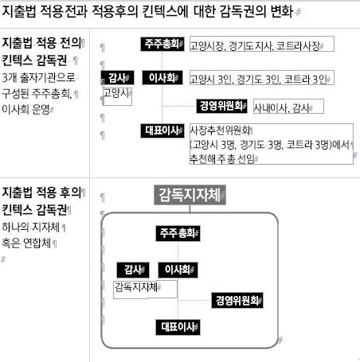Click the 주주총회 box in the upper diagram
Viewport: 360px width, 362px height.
coord(162,44)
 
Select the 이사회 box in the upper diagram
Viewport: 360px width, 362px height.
coord(162,77)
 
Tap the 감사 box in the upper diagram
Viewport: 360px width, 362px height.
coord(117,78)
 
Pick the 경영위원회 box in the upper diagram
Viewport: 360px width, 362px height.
coord(221,106)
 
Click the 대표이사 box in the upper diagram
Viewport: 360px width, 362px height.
coord(162,130)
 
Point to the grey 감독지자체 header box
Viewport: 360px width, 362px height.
coord(190,195)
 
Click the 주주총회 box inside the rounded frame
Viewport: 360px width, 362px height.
coord(178,233)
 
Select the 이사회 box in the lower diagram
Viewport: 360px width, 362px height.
coord(178,270)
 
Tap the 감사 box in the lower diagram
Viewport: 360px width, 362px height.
coord(133,270)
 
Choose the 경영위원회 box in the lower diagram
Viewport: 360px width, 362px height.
coord(237,300)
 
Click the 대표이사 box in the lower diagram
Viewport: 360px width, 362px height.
coord(178,327)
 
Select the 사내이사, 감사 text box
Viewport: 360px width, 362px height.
coord(288,107)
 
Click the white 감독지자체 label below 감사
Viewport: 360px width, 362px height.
coord(136,286)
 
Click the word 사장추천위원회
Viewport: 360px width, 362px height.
coord(220,130)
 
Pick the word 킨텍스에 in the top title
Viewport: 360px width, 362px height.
coord(165,12)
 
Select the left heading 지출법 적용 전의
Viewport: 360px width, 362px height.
coord(41,43)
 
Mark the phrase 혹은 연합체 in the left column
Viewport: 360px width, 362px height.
coord(26,243)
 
